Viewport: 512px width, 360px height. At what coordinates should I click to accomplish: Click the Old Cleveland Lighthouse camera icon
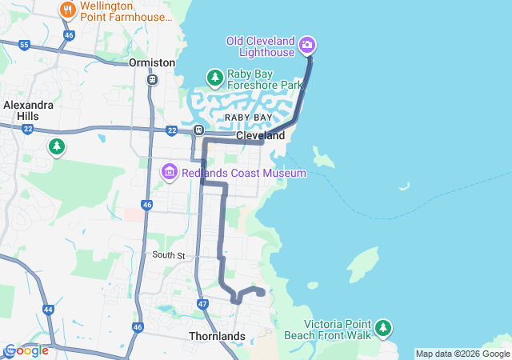pyautogui.click(x=308, y=45)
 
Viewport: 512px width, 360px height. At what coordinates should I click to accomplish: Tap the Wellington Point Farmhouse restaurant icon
pyautogui.click(x=67, y=10)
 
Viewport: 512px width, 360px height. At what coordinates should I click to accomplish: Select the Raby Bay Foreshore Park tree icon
pyautogui.click(x=214, y=78)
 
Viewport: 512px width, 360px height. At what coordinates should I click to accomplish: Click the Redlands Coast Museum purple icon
pyautogui.click(x=169, y=172)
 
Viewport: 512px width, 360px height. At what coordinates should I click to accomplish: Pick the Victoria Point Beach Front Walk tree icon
pyautogui.click(x=384, y=327)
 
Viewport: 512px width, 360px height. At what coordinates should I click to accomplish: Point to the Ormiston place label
pyautogui.click(x=152, y=62)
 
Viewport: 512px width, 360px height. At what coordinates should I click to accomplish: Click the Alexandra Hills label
pyautogui.click(x=29, y=110)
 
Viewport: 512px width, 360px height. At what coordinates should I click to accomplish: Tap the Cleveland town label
pyautogui.click(x=260, y=136)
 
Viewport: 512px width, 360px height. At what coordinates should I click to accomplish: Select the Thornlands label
pyautogui.click(x=217, y=336)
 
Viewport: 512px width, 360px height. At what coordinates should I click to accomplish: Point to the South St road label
pyautogui.click(x=169, y=255)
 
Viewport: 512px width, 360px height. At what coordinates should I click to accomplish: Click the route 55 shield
pyautogui.click(x=24, y=46)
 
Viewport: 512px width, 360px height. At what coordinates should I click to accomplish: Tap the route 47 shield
pyautogui.click(x=202, y=304)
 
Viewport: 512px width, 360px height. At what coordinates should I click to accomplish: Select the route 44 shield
pyautogui.click(x=49, y=310)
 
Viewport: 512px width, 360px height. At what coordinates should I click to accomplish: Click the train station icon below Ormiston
pyautogui.click(x=152, y=79)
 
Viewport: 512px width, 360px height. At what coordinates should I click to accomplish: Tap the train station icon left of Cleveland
pyautogui.click(x=198, y=130)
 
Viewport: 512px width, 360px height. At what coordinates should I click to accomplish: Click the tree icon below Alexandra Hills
pyautogui.click(x=56, y=146)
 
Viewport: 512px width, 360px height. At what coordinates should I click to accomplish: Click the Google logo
pyautogui.click(x=26, y=350)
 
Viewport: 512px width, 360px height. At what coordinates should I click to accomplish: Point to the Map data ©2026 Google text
pyautogui.click(x=462, y=354)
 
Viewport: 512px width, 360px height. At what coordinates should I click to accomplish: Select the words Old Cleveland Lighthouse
pyautogui.click(x=261, y=47)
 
